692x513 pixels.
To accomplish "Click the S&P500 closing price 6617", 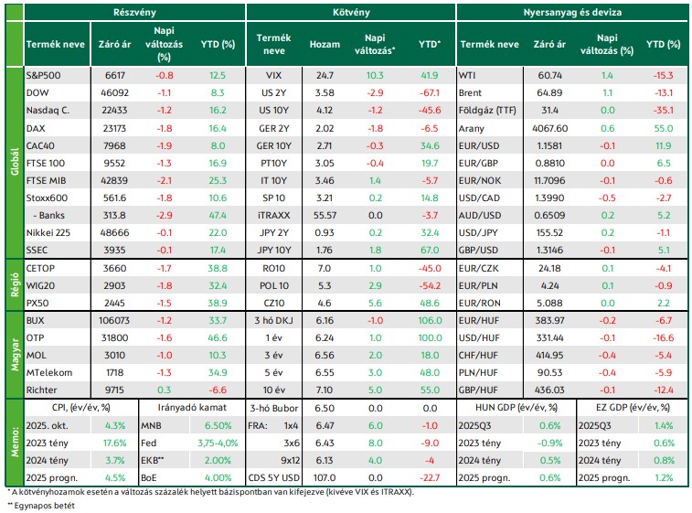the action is (115, 76).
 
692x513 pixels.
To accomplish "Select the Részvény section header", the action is (134, 13).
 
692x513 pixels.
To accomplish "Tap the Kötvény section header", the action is (351, 13).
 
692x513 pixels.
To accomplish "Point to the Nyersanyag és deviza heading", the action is (572, 13).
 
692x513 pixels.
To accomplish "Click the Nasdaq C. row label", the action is (48, 111).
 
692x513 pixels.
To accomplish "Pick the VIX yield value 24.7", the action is (325, 76).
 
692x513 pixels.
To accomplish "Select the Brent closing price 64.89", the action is (549, 92).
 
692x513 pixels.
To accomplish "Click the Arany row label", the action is (472, 128).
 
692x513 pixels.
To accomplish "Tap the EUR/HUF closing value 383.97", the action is (549, 321).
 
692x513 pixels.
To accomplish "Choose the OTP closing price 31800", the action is (114, 337).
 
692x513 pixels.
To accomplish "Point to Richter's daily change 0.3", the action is (164, 390).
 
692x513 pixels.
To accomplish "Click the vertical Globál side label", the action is (15, 162).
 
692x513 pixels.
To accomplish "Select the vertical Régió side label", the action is (15, 285).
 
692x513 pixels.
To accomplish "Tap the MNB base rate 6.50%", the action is (218, 425).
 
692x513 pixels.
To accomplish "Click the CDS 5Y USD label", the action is (273, 477).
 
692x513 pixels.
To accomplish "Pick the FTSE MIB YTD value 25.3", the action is (218, 180).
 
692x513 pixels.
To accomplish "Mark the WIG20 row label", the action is (40, 285).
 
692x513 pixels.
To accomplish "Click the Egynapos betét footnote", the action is (41, 506).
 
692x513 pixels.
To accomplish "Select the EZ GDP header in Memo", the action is (633, 408).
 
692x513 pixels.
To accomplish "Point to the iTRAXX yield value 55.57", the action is (325, 216).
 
